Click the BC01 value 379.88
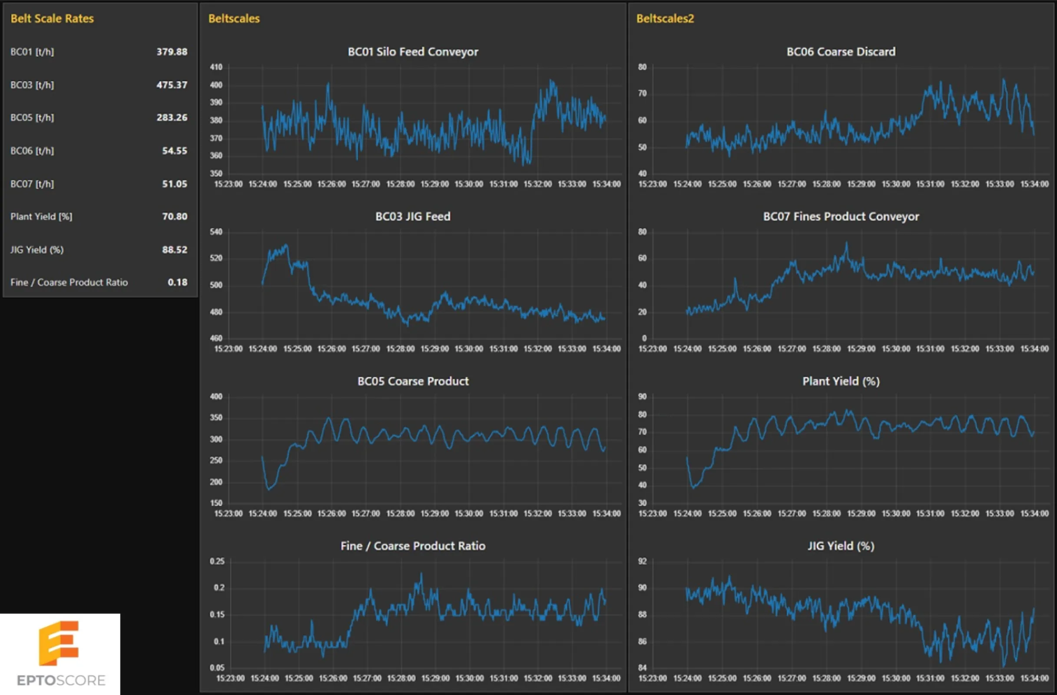[x=172, y=52]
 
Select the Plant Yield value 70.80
[x=175, y=216]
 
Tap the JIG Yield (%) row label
[x=37, y=250]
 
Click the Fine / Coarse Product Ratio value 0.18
[x=177, y=282]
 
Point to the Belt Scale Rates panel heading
[x=52, y=18]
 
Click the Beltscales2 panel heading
[x=665, y=18]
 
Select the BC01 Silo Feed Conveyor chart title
[x=413, y=52]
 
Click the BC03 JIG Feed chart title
[x=413, y=216]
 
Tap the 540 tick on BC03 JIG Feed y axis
[x=216, y=232]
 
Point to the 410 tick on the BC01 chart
[x=216, y=67]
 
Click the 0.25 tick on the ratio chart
[x=217, y=561]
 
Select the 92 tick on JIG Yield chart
[x=642, y=561]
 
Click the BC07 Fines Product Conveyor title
[x=841, y=216]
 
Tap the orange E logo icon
[x=59, y=643]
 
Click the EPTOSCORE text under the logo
[x=61, y=680]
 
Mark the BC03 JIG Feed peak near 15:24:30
[x=286, y=245]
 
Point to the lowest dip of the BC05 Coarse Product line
[x=268, y=490]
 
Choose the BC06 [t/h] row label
[x=32, y=151]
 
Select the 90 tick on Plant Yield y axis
[x=642, y=397]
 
